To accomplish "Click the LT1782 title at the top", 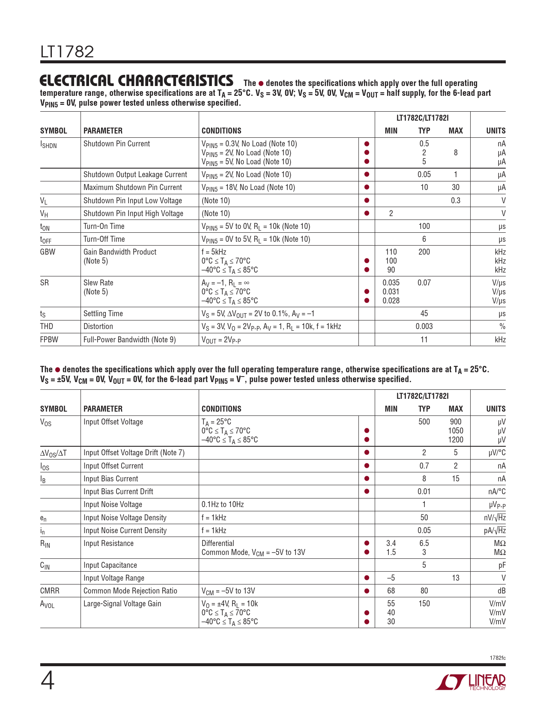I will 67,52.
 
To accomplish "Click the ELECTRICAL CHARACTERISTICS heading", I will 136,80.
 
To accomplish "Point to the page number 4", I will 48,681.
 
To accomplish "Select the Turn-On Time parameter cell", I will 104,226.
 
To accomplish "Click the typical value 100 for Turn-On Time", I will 424,226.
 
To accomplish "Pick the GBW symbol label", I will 48,252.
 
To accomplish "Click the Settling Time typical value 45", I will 424,314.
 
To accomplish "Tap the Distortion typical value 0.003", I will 424,326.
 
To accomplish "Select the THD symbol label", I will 47,326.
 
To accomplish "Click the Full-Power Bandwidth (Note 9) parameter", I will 129,340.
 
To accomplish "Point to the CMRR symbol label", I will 50,591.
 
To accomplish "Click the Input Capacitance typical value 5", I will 424,565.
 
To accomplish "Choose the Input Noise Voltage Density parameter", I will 125,518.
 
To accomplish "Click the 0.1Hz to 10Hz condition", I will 223,504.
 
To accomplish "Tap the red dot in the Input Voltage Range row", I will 367,578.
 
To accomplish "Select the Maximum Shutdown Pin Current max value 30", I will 456,187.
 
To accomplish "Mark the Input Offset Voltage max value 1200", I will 456,440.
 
